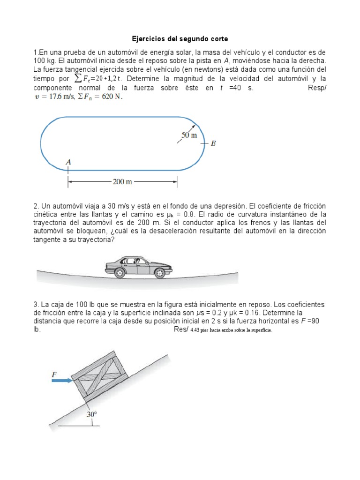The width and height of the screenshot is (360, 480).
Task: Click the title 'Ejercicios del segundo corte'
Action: coord(179,38)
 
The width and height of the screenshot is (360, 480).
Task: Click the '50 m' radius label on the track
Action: coord(188,135)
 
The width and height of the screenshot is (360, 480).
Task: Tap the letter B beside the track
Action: coord(213,143)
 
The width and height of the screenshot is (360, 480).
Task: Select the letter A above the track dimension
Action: coord(68,162)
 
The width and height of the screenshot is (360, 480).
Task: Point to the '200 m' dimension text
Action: coord(122,181)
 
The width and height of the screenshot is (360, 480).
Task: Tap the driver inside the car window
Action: coord(137,261)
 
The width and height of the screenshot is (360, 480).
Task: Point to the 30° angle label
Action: coord(91,414)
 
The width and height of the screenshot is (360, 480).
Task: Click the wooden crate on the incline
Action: coord(100,376)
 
